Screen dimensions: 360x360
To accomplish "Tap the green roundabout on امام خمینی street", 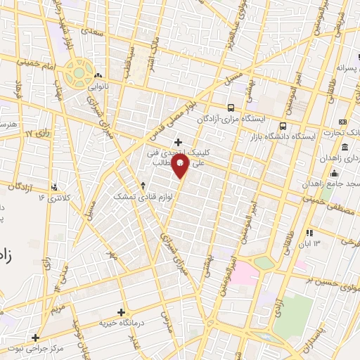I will pyautogui.click(x=78, y=72).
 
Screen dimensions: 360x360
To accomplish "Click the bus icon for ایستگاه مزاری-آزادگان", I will pyautogui.click(x=231, y=108).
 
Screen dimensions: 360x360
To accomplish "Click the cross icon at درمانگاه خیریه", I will pyautogui.click(x=121, y=312).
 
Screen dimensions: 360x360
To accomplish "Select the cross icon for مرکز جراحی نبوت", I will pyautogui.click(x=35, y=337).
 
